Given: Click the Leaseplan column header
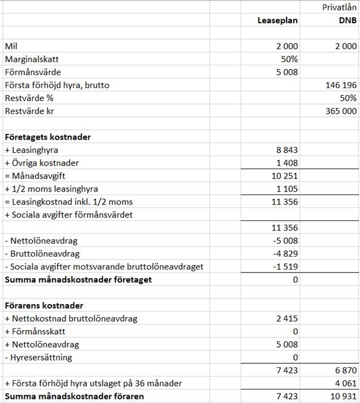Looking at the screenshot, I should (277, 20).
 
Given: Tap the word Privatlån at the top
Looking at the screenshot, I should (339, 7).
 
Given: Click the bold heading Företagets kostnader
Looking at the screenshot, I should (47, 137).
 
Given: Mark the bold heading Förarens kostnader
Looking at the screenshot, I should (44, 306).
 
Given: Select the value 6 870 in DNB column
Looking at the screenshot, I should (345, 371).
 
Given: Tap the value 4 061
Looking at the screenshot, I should (345, 384).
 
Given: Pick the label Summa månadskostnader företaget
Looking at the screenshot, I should (78, 280).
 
